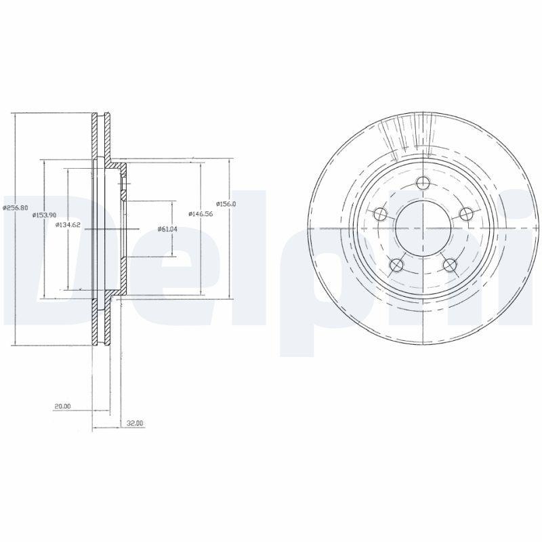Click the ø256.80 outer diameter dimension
14,207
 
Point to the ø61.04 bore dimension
167,229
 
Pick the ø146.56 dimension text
202,213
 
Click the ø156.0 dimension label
226,203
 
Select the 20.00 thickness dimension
63,406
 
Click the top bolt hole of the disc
423,183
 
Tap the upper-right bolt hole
465,214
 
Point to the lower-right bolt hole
449,265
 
